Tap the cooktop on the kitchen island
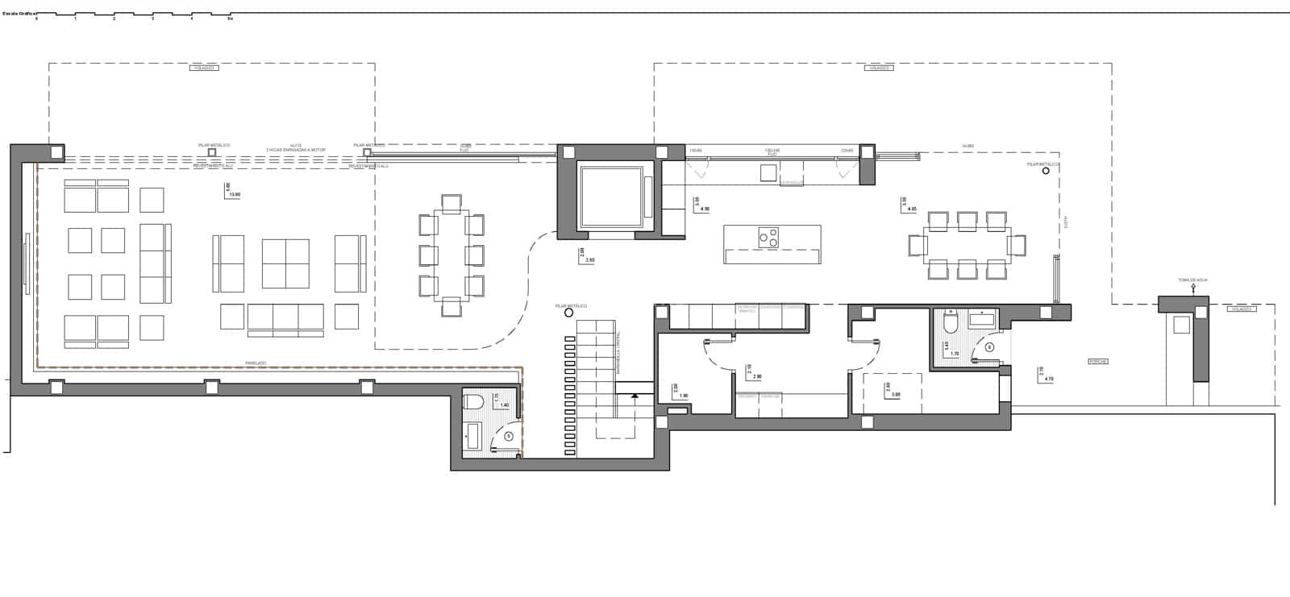(x=768, y=237)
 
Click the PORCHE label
(x=1097, y=362)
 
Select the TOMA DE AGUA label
(x=1192, y=280)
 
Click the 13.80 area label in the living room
(x=235, y=194)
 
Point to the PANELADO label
(x=256, y=363)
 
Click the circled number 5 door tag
(x=508, y=436)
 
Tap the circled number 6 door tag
(x=990, y=347)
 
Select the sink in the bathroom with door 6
(x=982, y=321)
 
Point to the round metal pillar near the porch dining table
(x=1046, y=171)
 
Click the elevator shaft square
(x=610, y=196)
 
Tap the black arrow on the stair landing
(x=635, y=396)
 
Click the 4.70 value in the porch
(x=1049, y=378)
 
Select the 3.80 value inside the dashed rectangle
(x=895, y=394)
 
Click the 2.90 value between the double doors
(x=756, y=376)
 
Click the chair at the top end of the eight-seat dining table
(x=451, y=202)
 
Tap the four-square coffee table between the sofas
(x=285, y=263)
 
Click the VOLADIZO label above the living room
(x=205, y=68)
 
